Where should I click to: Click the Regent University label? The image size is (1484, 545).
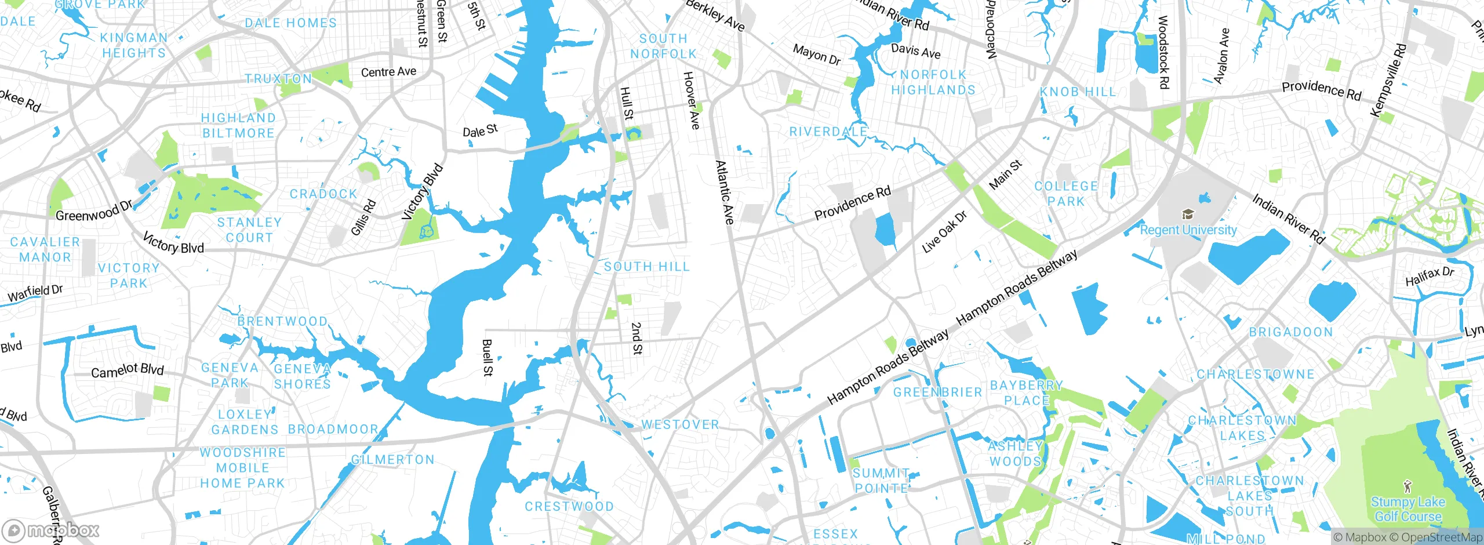pyautogui.click(x=1188, y=230)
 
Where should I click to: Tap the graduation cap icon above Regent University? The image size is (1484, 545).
pyautogui.click(x=1188, y=215)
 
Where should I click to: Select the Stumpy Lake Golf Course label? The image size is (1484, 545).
pyautogui.click(x=1408, y=509)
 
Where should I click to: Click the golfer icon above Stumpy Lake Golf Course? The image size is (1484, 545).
pyautogui.click(x=1408, y=486)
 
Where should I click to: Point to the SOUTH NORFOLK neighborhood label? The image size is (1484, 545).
pyautogui.click(x=663, y=46)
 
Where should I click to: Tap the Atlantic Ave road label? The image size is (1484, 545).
pyautogui.click(x=725, y=192)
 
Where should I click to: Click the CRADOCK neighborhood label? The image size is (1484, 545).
pyautogui.click(x=323, y=194)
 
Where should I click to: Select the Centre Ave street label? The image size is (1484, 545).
pyautogui.click(x=388, y=72)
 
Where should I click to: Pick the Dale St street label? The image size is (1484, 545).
pyautogui.click(x=480, y=130)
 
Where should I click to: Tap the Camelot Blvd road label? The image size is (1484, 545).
pyautogui.click(x=128, y=370)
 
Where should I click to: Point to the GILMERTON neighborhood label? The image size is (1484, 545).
pyautogui.click(x=393, y=460)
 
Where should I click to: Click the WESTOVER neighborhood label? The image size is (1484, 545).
pyautogui.click(x=680, y=425)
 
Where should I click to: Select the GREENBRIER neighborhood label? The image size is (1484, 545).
pyautogui.click(x=937, y=393)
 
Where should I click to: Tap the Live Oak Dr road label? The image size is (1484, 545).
pyautogui.click(x=944, y=232)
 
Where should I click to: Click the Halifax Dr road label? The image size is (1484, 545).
pyautogui.click(x=1430, y=276)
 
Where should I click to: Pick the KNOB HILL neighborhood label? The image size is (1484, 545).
pyautogui.click(x=1078, y=92)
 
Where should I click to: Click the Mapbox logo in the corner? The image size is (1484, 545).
pyautogui.click(x=51, y=531)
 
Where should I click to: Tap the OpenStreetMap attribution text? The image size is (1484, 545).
pyautogui.click(x=1442, y=537)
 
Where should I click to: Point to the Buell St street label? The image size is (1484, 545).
pyautogui.click(x=488, y=358)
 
